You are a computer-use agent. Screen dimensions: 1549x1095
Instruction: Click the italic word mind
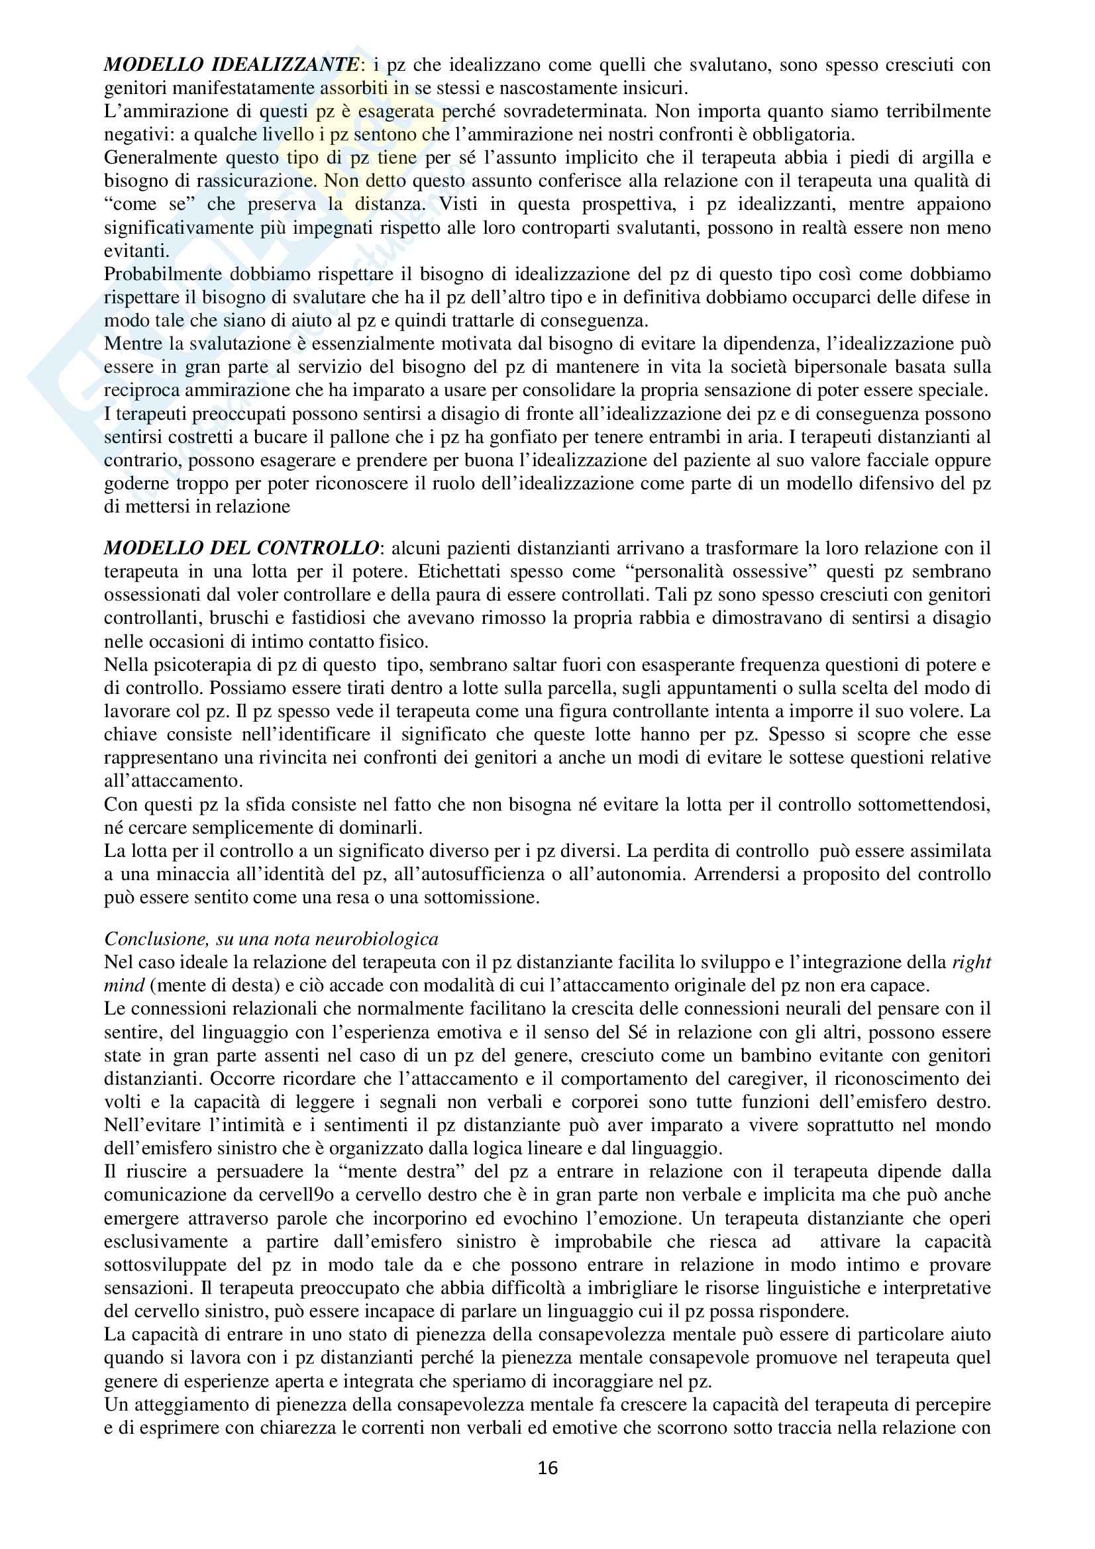(x=124, y=985)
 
